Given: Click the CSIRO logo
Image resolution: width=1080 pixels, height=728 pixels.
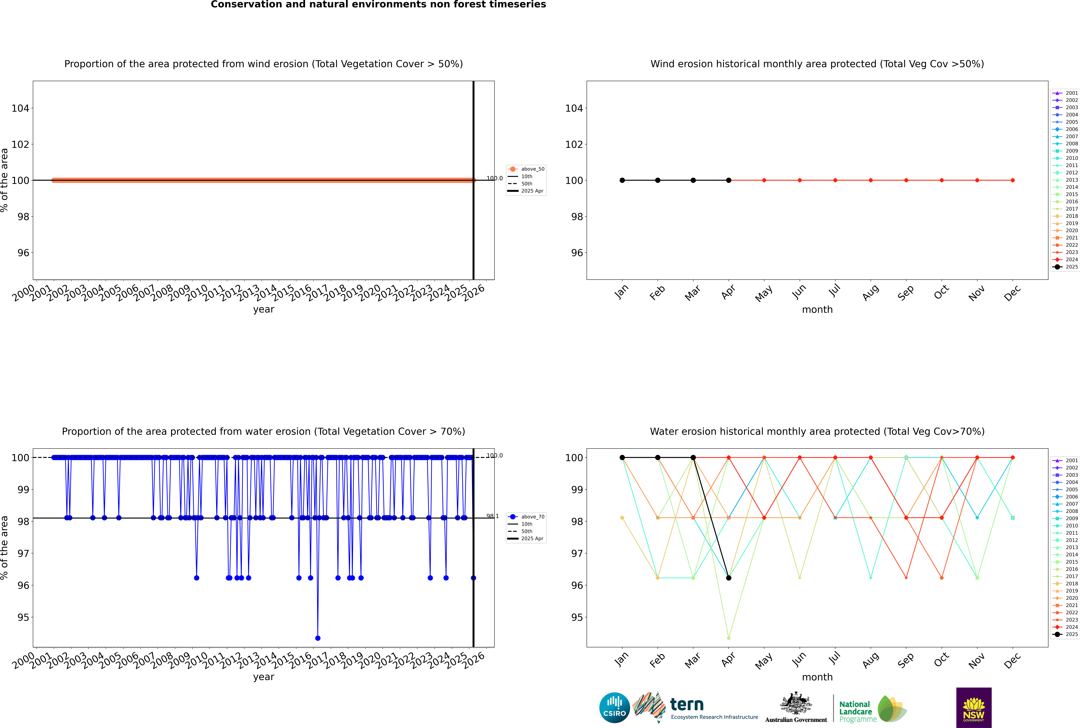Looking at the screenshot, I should coord(614,708).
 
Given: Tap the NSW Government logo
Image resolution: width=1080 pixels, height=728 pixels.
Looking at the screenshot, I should coord(974,707).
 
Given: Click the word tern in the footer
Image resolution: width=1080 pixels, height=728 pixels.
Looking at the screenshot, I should coord(687,705).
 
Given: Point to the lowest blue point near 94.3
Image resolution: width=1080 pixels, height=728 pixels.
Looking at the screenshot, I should coord(318,638).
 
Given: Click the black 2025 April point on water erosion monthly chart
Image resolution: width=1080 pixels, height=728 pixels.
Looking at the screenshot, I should coord(729,578).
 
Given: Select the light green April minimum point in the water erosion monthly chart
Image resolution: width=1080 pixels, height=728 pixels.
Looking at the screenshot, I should coord(729,638).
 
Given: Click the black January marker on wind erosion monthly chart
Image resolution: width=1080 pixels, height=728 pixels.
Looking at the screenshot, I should coord(622,180).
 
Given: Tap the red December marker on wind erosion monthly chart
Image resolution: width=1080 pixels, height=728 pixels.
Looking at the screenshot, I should coord(1013,180).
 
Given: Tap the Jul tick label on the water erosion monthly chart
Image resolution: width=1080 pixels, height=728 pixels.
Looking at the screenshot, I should coord(834,658).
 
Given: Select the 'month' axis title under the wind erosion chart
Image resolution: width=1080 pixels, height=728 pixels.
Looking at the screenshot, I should coord(817,310).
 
